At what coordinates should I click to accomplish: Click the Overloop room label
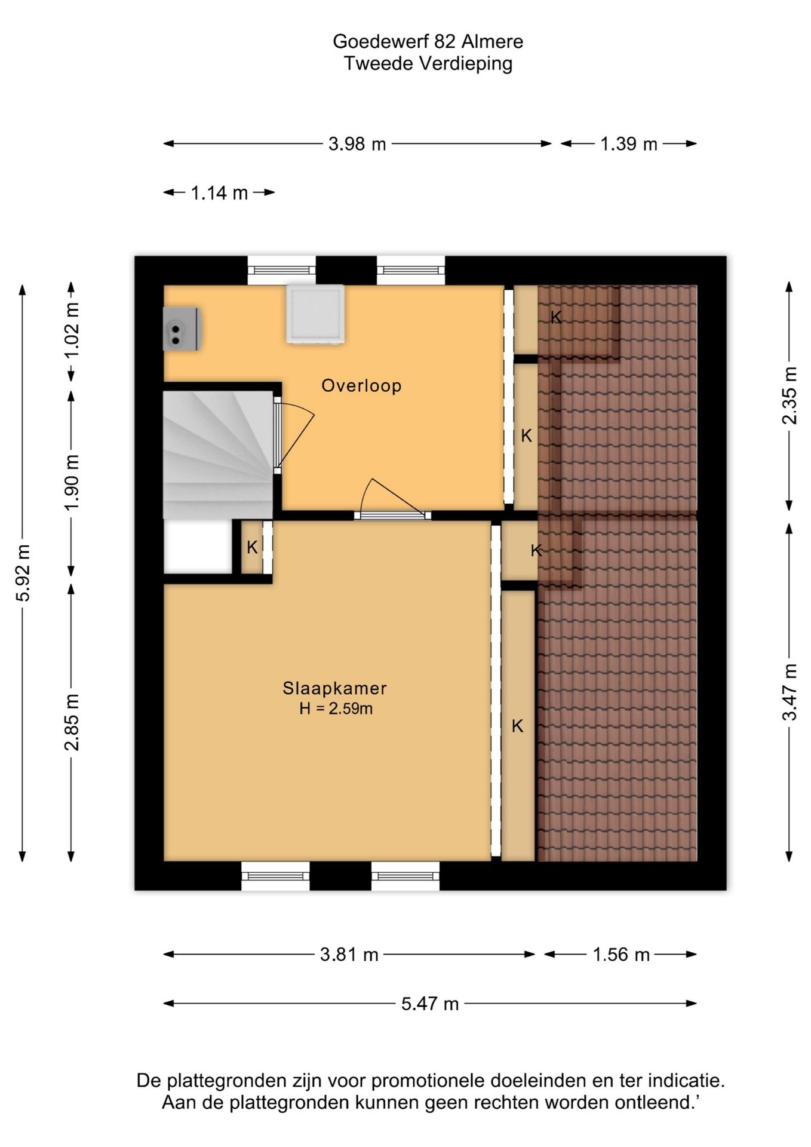pos(361,385)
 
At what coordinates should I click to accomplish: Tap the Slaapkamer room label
pos(334,688)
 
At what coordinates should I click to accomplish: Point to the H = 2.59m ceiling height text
pos(336,709)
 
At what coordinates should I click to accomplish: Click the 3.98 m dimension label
pos(357,144)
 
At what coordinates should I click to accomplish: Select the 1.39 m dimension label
pos(629,144)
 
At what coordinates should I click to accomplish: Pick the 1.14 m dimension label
pos(219,193)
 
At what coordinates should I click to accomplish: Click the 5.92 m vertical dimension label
pos(23,573)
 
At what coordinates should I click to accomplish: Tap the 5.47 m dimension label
pos(430,1004)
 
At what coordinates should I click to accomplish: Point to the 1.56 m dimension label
pos(621,955)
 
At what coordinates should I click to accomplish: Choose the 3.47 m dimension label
pos(790,692)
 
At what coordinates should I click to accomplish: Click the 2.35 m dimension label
pos(790,395)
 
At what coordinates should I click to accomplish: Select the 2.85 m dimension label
pos(72,722)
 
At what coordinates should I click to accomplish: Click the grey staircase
pos(219,454)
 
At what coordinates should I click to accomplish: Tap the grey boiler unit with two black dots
pos(182,329)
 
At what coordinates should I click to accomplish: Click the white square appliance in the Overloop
pos(315,314)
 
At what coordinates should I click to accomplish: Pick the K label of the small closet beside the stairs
pos(252,547)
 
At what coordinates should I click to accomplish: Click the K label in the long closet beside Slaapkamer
pos(517,726)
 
